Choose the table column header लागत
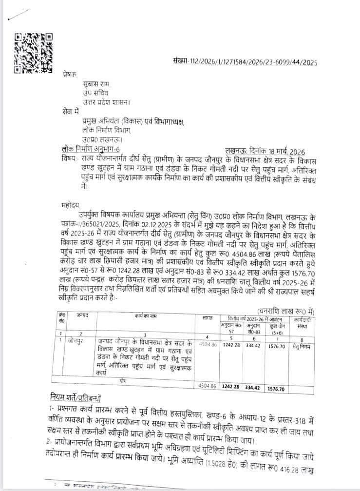[207, 318]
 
